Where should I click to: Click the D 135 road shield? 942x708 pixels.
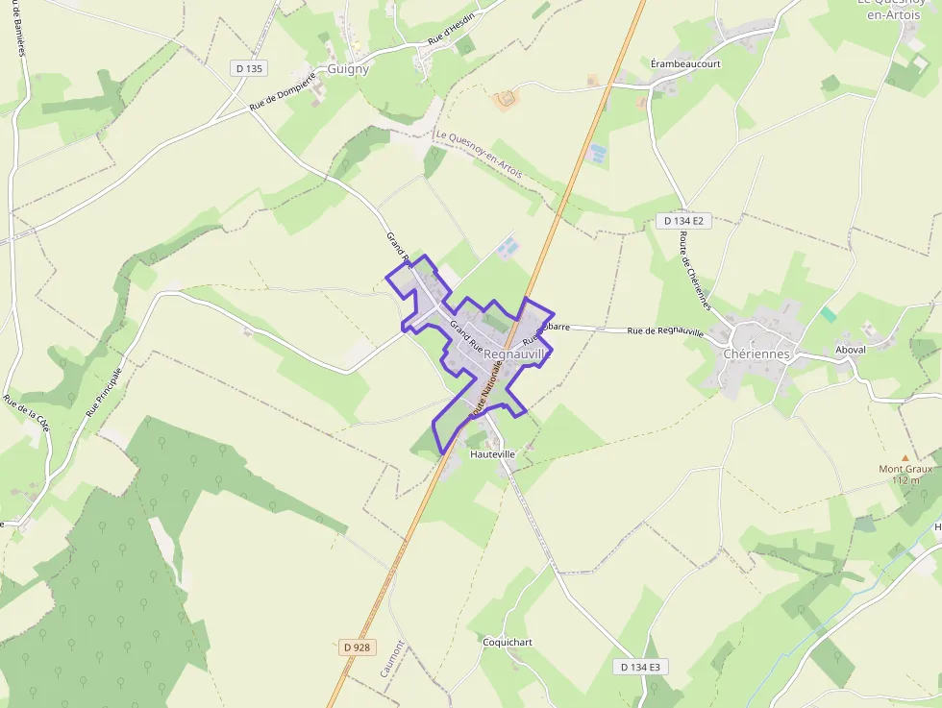249,68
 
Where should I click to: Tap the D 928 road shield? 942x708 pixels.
356,647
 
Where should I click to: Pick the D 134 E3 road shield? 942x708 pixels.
640,667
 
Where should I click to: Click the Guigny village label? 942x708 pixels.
348,69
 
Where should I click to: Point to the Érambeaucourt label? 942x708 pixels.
685,63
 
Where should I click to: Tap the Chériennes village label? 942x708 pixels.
756,354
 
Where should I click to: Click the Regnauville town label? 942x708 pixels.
518,354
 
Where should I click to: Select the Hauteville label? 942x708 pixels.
492,452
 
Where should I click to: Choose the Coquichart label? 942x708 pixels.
507,641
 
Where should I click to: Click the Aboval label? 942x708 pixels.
851,350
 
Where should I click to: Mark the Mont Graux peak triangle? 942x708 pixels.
905,458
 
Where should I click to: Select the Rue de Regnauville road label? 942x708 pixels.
665,331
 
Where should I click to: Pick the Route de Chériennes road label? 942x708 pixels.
695,270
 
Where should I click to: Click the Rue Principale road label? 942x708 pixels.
105,391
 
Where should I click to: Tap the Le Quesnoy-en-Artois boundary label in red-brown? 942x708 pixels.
479,155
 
